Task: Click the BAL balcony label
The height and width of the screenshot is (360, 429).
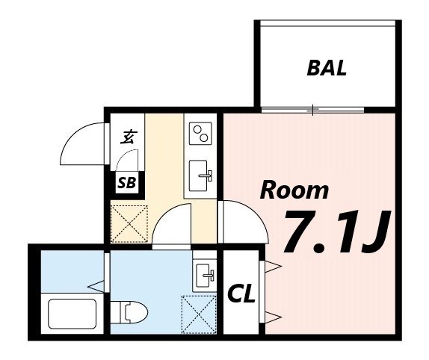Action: pos(327,69)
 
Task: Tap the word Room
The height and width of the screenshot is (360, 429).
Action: pos(294,190)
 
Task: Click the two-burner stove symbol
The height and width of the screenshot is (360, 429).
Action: pos(201,134)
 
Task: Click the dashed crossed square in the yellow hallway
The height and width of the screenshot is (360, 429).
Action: pos(129,222)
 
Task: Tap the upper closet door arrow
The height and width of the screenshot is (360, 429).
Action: pos(272,266)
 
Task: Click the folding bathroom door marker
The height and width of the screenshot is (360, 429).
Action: pos(98,285)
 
